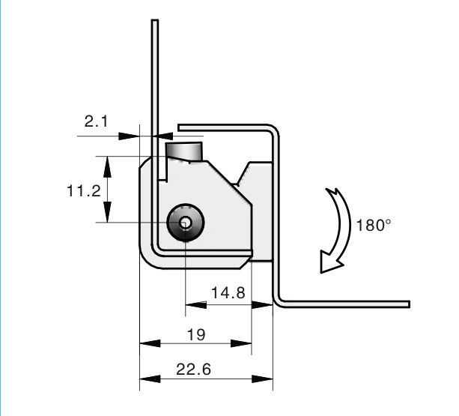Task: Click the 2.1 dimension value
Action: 96,121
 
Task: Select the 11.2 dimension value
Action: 84,190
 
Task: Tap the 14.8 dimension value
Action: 228,292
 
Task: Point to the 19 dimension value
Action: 196,334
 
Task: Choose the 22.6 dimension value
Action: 193,369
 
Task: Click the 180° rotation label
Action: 374,226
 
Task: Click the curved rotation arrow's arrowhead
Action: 331,262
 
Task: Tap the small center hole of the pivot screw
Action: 186,223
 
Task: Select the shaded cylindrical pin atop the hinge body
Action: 184,151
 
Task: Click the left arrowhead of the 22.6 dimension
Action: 150,379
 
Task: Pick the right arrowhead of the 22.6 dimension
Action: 262,379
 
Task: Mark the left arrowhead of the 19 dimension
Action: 150,343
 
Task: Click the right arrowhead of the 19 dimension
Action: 241,343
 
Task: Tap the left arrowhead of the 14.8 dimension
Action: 196,305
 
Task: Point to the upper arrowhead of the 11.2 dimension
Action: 107,166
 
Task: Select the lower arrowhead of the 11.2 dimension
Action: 107,212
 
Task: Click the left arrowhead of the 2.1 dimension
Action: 129,136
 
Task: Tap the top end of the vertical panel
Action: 155,20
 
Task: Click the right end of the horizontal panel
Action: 409,304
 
